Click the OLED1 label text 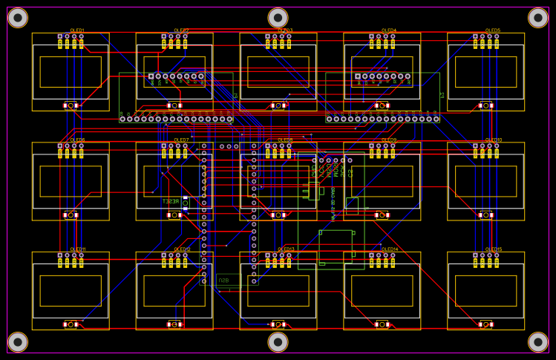coord(77,30)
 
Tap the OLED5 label coord(493,30)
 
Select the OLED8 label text coord(285,140)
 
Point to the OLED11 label coord(77,249)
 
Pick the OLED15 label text coord(493,249)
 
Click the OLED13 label coord(285,249)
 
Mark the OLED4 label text coord(389,30)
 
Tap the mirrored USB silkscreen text coord(223,281)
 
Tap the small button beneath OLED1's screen coord(71,105)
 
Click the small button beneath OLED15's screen coord(486,324)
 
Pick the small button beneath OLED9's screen coord(382,215)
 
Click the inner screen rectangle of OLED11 coord(71,290)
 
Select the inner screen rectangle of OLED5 coord(485,71)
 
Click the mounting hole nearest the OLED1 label coord(18,18)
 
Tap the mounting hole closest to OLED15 coord(537,341)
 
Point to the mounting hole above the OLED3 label coord(278,18)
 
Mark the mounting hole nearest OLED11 coord(18,341)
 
